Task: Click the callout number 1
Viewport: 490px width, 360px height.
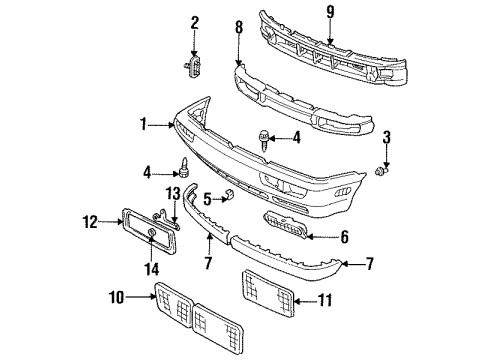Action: coord(143,124)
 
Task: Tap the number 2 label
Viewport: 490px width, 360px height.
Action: coord(195,23)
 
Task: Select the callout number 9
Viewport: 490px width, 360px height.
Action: coord(330,12)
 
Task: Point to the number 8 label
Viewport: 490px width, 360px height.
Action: coord(239,27)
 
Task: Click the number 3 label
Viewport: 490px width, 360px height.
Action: coord(386,137)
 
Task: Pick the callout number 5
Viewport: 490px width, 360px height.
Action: coord(207,199)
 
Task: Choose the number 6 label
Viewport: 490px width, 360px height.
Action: coord(344,237)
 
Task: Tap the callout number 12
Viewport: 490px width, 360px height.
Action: coord(90,222)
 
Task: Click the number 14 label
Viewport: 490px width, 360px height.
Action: coord(152,269)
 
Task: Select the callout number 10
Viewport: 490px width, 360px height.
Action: coord(117,297)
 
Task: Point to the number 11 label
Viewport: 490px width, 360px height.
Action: coord(325,300)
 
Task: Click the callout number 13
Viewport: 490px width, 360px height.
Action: coord(173,194)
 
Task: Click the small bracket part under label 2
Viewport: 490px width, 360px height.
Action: coord(193,66)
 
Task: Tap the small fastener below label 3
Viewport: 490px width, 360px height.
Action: coord(380,172)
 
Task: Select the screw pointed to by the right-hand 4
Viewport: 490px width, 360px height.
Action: coord(263,141)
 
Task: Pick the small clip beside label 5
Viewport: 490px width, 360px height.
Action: coord(229,195)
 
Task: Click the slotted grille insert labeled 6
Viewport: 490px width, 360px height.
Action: coord(285,224)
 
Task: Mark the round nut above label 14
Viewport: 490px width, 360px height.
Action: coord(151,233)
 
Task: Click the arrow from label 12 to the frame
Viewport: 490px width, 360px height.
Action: coord(111,221)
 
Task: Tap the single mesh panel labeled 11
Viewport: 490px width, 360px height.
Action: coord(268,293)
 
